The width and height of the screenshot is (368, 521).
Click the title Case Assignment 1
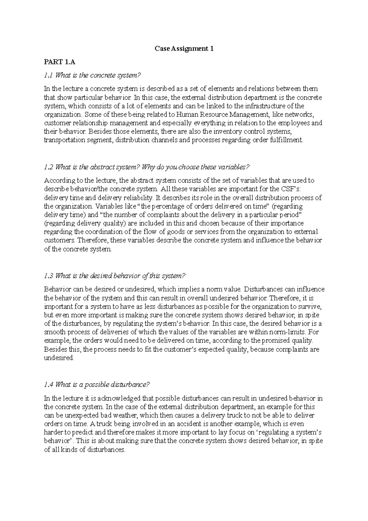click(184, 48)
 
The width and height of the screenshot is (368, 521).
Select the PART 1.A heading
click(59, 62)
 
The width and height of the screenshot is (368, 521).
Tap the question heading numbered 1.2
click(147, 167)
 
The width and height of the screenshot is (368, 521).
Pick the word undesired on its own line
click(59, 358)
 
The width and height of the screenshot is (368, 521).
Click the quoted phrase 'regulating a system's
click(290, 433)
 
